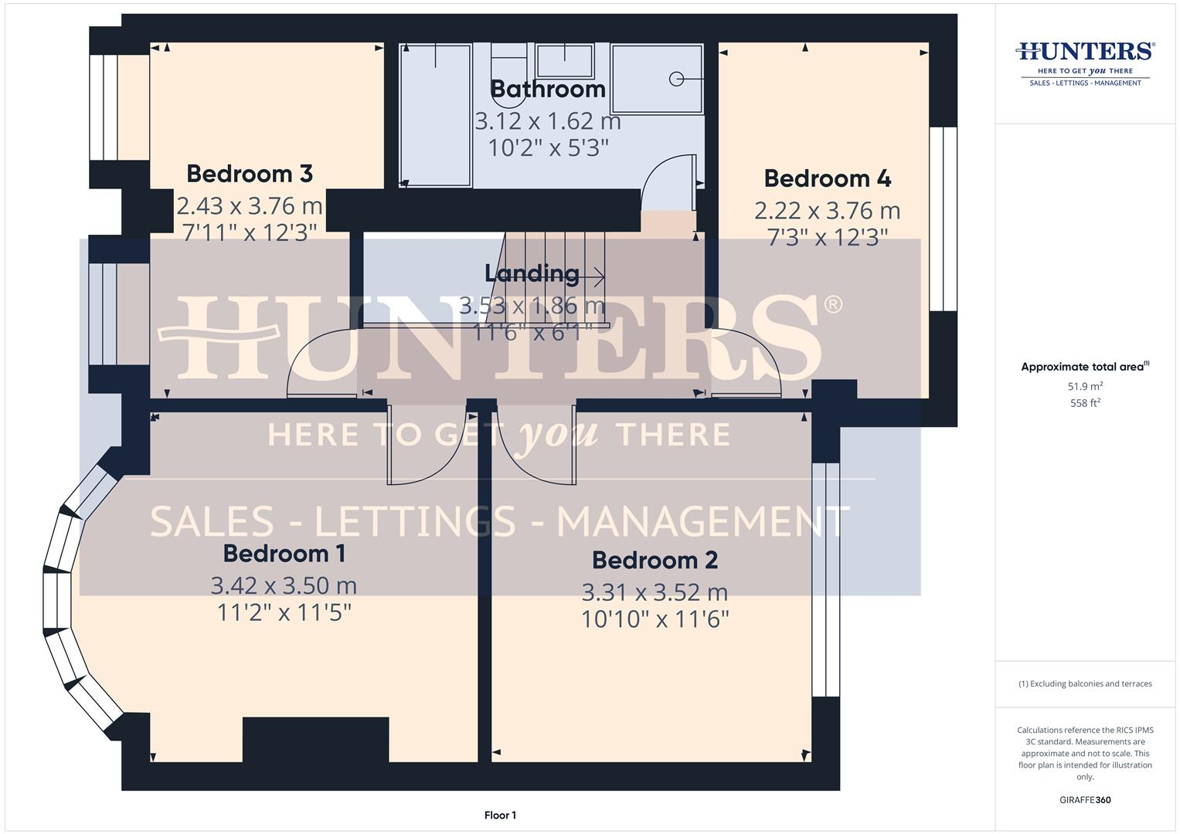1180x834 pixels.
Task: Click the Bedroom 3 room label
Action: click(250, 174)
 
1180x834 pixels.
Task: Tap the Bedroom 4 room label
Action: click(827, 178)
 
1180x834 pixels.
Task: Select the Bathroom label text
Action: click(547, 89)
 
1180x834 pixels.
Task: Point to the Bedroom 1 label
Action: click(284, 554)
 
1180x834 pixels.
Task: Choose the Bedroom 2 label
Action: click(655, 560)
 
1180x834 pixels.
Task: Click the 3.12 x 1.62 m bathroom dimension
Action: click(547, 121)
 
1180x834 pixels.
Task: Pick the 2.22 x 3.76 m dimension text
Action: click(827, 210)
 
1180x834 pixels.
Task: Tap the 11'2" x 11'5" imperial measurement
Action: click(284, 612)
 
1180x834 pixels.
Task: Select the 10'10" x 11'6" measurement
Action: click(655, 619)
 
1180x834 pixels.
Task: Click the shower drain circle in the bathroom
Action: click(676, 78)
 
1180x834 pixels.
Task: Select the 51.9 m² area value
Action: click(1085, 386)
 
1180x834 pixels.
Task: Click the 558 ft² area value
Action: click(1085, 403)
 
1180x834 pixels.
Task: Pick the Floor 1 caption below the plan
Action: click(500, 815)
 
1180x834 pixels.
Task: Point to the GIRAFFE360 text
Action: click(1085, 800)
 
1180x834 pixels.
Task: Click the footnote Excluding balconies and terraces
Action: click(1085, 684)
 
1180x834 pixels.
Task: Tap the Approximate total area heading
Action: click(1084, 367)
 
